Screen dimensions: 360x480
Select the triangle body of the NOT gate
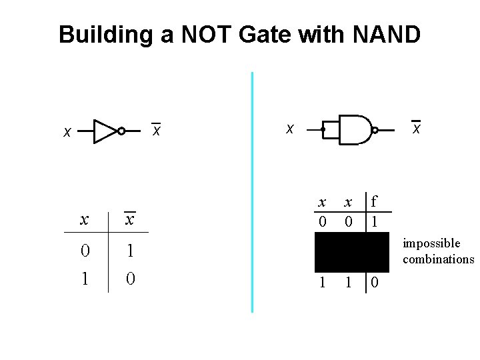pyautogui.click(x=104, y=131)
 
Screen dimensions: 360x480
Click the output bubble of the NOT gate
pyautogui.click(x=121, y=131)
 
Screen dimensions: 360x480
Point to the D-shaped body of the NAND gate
pyautogui.click(x=354, y=129)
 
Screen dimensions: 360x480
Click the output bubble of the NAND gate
pyautogui.click(x=375, y=130)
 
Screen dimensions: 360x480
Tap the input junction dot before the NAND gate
pyautogui.click(x=323, y=129)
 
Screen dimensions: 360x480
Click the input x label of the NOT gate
pyautogui.click(x=67, y=133)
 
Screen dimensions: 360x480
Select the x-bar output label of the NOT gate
pyautogui.click(x=156, y=131)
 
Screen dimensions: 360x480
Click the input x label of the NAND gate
pyautogui.click(x=289, y=128)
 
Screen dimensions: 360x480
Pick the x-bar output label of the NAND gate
pyautogui.click(x=416, y=127)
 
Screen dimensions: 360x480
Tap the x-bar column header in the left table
pyautogui.click(x=130, y=219)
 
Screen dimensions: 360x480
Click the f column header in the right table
pyautogui.click(x=374, y=201)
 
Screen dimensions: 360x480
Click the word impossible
pyautogui.click(x=431, y=243)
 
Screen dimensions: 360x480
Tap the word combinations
pyautogui.click(x=438, y=259)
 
